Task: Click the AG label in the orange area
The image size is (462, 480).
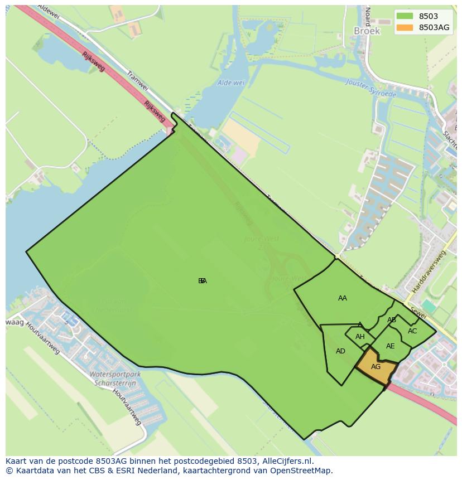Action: [376, 367]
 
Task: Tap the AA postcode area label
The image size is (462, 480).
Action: [343, 298]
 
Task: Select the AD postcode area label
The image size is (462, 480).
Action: [340, 351]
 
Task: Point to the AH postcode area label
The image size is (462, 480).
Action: [360, 337]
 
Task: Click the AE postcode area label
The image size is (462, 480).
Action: [390, 346]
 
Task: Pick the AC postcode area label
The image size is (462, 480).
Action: [412, 331]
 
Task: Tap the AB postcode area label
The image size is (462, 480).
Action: [392, 320]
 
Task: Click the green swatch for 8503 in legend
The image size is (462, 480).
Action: [405, 17]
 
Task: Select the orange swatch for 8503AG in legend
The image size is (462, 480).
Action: [405, 27]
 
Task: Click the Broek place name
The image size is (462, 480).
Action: [367, 31]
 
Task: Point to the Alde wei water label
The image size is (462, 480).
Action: [231, 83]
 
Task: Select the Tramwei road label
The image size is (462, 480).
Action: [136, 81]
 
